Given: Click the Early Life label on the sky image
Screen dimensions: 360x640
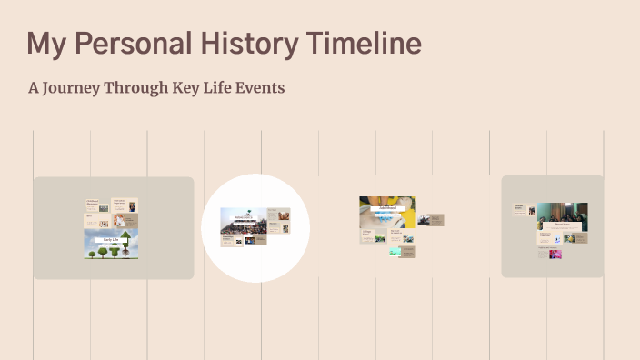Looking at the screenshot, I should pyautogui.click(x=111, y=239).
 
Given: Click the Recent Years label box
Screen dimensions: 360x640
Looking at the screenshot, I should pyautogui.click(x=562, y=224).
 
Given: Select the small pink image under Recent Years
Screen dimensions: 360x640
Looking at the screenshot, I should pyautogui.click(x=555, y=255).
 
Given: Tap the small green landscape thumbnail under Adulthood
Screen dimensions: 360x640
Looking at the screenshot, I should pyautogui.click(x=395, y=251).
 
